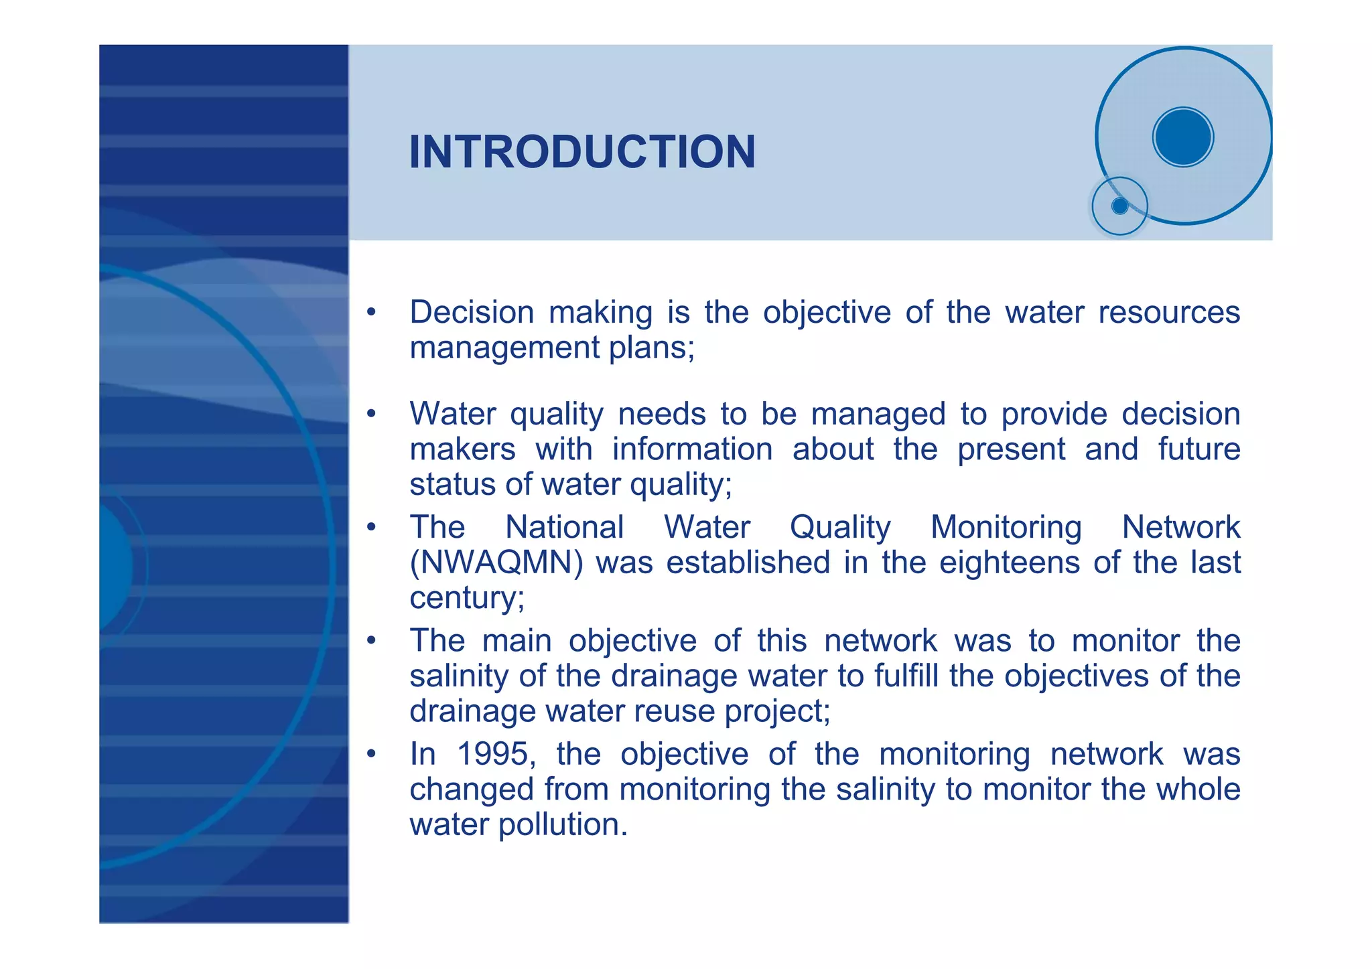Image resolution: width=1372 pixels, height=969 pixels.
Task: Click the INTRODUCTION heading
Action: click(581, 152)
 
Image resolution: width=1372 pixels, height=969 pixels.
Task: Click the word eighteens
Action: click(1009, 563)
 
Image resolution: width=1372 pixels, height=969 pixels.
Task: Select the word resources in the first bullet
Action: click(1169, 313)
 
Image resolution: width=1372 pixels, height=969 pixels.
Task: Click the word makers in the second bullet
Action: click(462, 449)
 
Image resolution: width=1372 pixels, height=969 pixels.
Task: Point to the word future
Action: click(1198, 449)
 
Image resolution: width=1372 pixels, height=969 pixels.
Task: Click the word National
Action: click(564, 527)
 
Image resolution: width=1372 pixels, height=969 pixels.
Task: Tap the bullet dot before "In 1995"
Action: click(371, 755)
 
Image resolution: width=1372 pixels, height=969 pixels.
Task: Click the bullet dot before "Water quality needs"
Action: click(371, 415)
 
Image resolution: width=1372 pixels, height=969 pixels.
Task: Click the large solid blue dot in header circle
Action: click(1183, 137)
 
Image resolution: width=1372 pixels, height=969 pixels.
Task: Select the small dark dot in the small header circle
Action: click(1119, 206)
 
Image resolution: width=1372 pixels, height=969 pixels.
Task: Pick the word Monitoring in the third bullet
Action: click(1006, 527)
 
